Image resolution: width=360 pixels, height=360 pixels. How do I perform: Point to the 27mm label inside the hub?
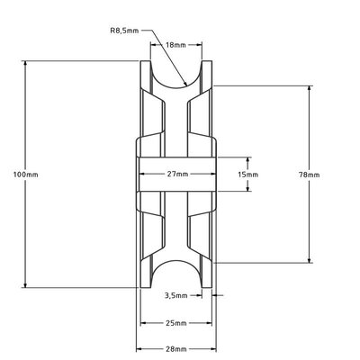176,173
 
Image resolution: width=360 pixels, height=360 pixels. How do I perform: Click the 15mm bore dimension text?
247,173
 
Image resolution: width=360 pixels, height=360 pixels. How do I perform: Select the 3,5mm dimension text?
176,294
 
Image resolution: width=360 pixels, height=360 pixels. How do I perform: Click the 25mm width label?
176,321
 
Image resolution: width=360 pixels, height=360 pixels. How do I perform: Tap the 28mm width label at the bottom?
176,348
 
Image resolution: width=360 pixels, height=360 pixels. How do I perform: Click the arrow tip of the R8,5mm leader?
186,85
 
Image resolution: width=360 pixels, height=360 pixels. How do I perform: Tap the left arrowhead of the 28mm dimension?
139,348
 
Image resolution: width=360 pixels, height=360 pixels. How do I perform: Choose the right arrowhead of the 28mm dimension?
215,348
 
